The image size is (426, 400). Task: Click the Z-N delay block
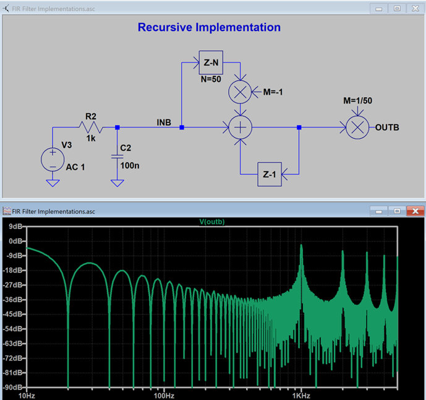[x=211, y=63]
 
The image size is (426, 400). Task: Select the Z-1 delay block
[x=270, y=174]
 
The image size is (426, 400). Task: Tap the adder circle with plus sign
[x=241, y=128]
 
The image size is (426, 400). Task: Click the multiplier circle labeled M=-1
[x=240, y=92]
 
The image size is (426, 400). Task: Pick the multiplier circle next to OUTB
[x=357, y=128]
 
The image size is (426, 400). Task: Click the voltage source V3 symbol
[x=53, y=160]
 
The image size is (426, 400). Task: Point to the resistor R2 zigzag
[x=91, y=127]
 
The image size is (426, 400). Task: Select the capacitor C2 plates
[x=117, y=157]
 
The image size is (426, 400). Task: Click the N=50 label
[x=211, y=79]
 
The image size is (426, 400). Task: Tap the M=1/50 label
[x=357, y=100]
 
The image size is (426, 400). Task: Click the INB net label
[x=164, y=123]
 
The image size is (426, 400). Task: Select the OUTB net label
[x=387, y=128]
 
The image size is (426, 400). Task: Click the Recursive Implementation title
[x=209, y=27]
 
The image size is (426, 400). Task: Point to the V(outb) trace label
[x=212, y=222]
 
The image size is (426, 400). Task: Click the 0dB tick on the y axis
[x=25, y=241]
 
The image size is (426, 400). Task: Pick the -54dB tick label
[x=12, y=329]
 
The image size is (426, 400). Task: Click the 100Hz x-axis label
[x=164, y=396]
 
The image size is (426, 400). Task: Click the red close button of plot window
[x=415, y=211]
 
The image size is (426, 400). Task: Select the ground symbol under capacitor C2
[x=117, y=183]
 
